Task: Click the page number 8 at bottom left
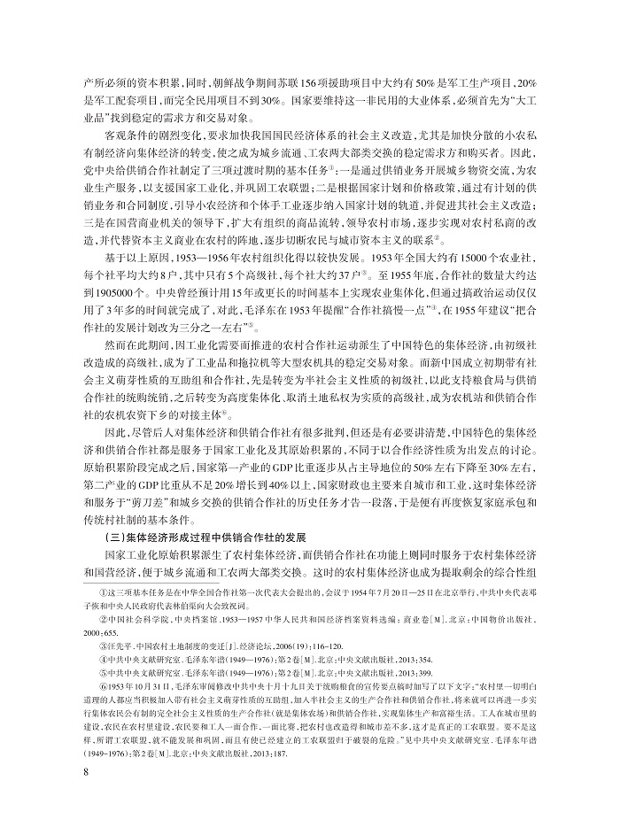(85, 796)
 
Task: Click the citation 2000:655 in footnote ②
(97, 646)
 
